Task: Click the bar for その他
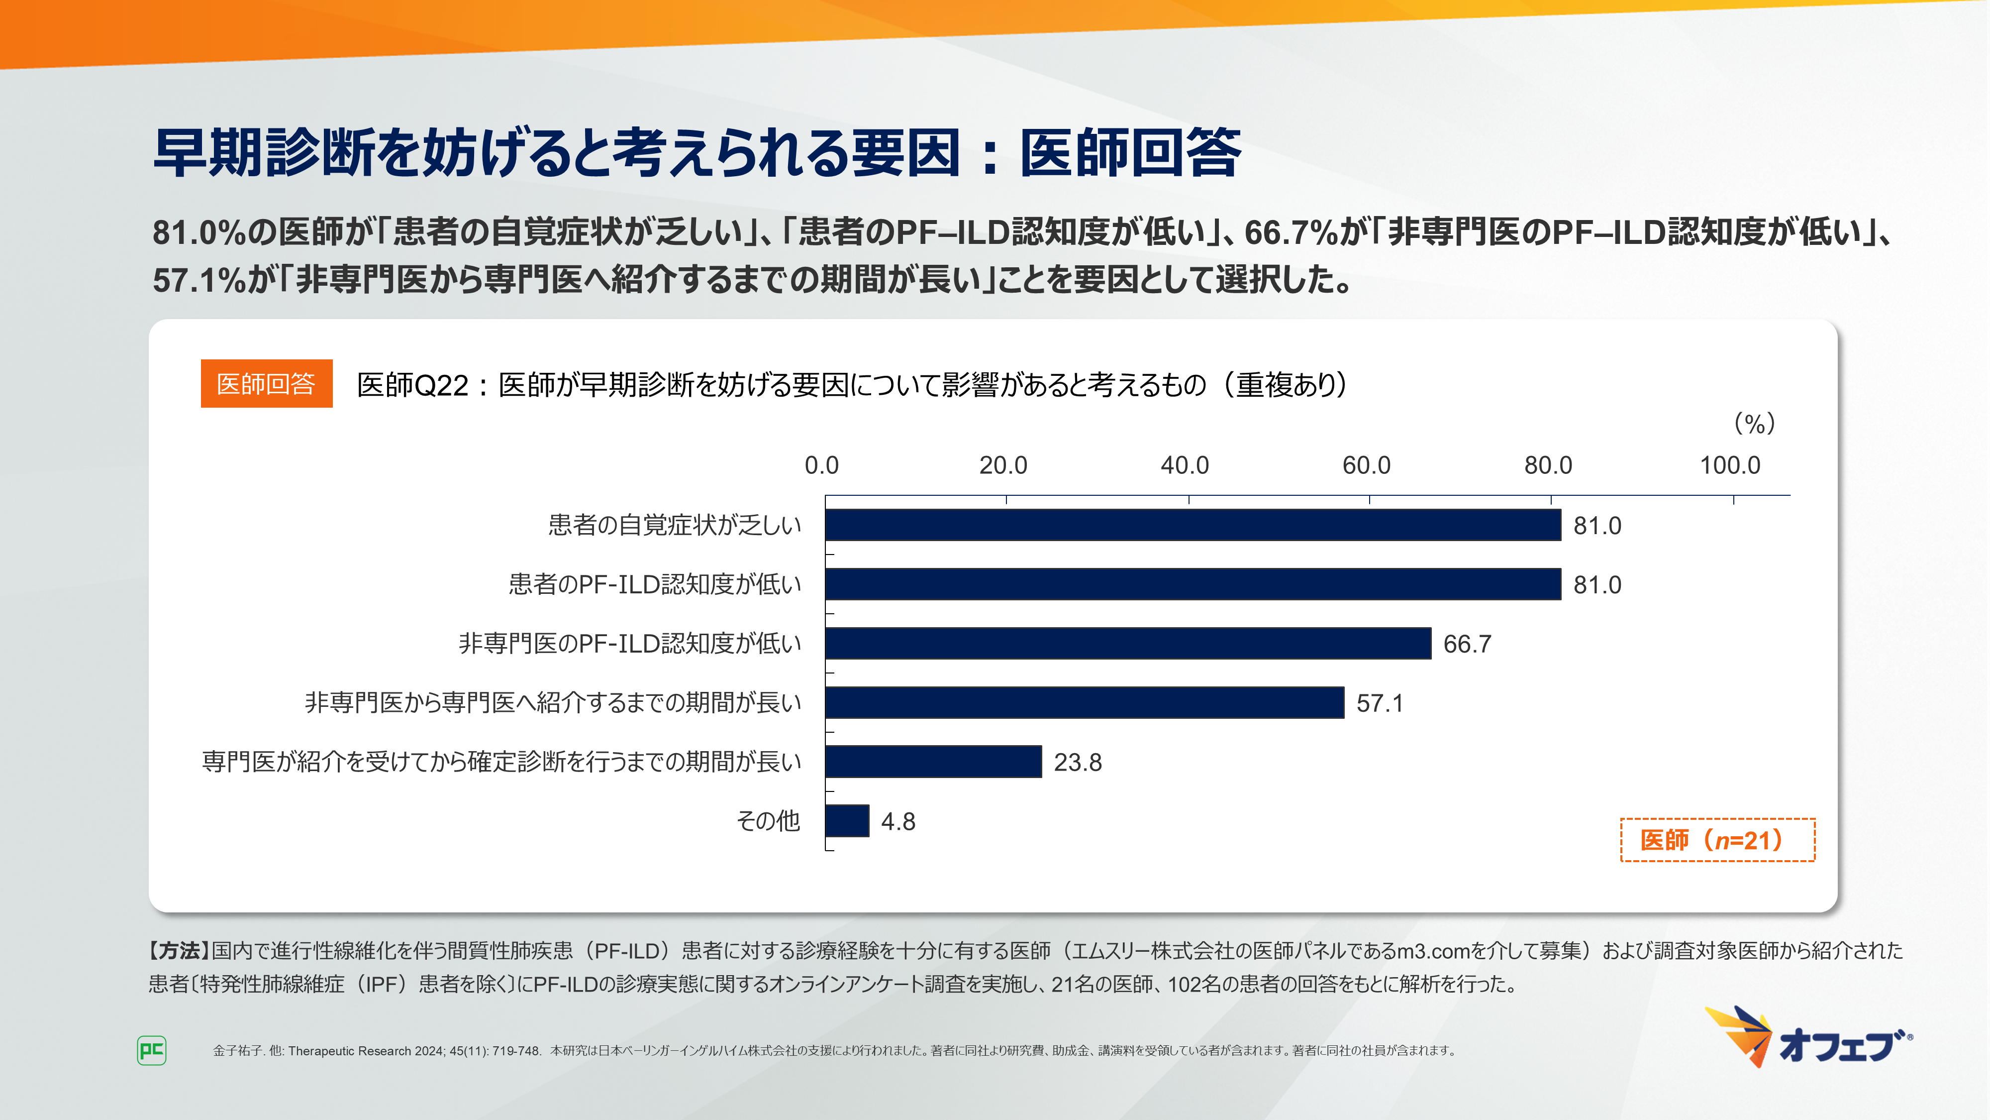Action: (x=847, y=820)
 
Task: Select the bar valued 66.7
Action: (x=1128, y=643)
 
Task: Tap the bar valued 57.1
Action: (x=1084, y=702)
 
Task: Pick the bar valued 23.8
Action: (x=933, y=762)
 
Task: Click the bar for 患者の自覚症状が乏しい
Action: (x=1193, y=525)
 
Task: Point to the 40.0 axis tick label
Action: (x=1184, y=465)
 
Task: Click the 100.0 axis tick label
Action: (x=1730, y=465)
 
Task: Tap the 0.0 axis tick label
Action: (x=821, y=465)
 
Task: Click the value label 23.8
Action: (x=1078, y=762)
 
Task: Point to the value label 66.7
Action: (x=1467, y=644)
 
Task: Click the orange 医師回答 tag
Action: (x=267, y=383)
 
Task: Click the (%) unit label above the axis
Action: (x=1754, y=424)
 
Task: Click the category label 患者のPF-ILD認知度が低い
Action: (x=654, y=584)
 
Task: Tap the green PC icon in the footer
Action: (x=151, y=1050)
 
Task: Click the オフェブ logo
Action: (x=1808, y=1038)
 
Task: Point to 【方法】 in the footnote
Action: (x=179, y=951)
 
